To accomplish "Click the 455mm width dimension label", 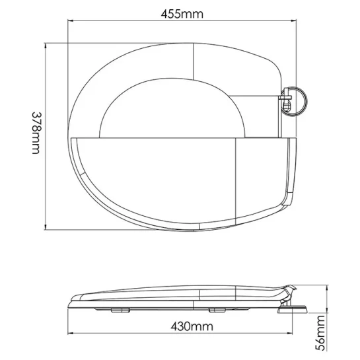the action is pos(182,15).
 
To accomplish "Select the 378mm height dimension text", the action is pos(36,133).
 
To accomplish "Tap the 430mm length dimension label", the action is pos(192,326).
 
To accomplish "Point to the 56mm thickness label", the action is pos(320,333).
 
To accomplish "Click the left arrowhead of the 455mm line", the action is pos(70,21).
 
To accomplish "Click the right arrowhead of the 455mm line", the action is pos(294,21).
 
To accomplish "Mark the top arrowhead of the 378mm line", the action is pos(45,46).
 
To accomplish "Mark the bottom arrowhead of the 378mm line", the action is pos(45,227).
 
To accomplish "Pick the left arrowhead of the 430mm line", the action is pos(70,333).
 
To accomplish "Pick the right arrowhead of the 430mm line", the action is pos(290,333).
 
